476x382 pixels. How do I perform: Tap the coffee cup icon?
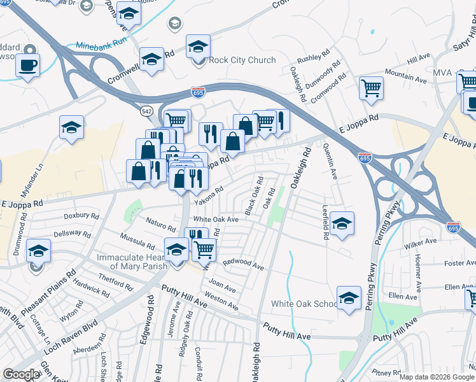[x=28, y=65]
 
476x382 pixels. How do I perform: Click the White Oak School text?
[x=304, y=304]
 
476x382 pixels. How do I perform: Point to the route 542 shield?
[x=147, y=111]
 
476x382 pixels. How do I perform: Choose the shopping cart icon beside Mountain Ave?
[x=371, y=87]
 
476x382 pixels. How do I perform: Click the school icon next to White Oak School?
[x=349, y=297]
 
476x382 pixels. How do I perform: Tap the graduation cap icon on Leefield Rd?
[x=342, y=223]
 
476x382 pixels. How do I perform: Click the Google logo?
[x=22, y=374]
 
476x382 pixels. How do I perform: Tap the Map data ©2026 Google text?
[x=436, y=376]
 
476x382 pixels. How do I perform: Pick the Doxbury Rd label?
[x=81, y=216]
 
